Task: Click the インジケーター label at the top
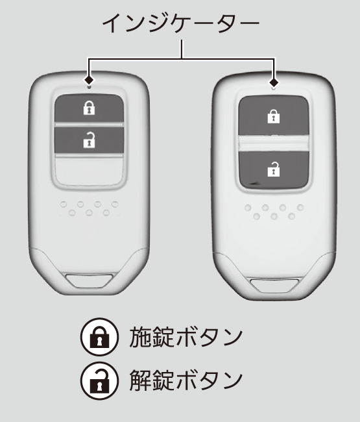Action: tap(181, 23)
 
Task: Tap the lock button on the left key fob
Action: tap(90, 108)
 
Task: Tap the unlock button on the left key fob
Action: tap(90, 140)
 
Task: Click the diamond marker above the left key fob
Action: tap(89, 80)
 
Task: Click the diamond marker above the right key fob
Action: tap(274, 82)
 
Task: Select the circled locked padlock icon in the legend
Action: tap(99, 337)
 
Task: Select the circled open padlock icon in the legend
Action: tap(99, 380)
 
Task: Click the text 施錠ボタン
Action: tap(186, 337)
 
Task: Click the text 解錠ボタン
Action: tap(186, 380)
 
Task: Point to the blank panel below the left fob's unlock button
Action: tap(90, 171)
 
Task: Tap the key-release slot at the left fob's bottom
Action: tap(90, 281)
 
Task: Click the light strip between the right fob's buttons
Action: tap(274, 143)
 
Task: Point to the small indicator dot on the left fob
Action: tap(89, 86)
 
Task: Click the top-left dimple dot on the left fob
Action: tap(64, 205)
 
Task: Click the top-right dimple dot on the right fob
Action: tap(300, 208)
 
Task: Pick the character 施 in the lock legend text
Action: tap(140, 337)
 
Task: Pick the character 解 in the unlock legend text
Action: tap(140, 380)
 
